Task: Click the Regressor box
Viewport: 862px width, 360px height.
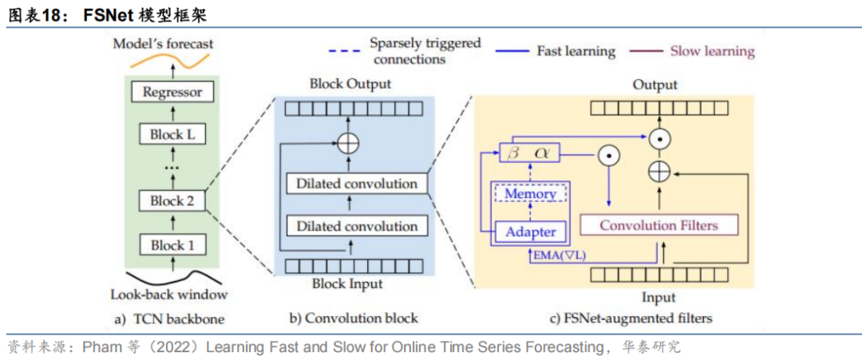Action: [x=172, y=93]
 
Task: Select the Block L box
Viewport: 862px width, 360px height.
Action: [x=172, y=134]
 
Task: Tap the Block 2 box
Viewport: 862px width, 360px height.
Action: [x=172, y=200]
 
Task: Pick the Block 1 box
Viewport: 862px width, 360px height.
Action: [x=172, y=245]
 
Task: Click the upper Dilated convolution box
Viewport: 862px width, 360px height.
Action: [x=357, y=184]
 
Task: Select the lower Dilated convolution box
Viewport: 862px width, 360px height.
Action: [x=357, y=226]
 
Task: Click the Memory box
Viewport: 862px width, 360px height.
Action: [x=531, y=194]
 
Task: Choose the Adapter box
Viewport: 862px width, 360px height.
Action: [x=531, y=231]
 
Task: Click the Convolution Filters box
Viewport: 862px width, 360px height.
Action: [x=658, y=225]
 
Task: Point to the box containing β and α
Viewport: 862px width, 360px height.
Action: [x=531, y=152]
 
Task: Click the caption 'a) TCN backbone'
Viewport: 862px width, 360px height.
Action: [x=169, y=318]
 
